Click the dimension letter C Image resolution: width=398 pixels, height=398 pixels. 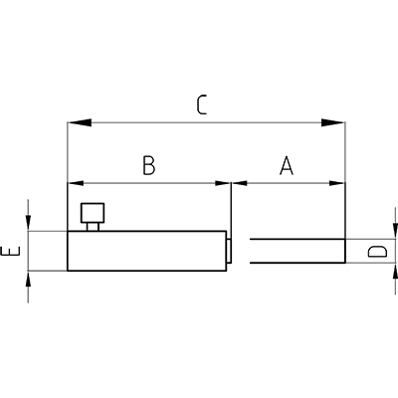(202, 104)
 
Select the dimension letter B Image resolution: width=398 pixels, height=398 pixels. (149, 165)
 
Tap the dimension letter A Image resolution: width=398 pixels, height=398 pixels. (287, 165)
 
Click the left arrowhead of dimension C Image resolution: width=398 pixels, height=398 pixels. (80, 122)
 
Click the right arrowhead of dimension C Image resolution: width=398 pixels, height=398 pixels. (333, 122)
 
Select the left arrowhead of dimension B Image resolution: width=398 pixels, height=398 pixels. (76, 183)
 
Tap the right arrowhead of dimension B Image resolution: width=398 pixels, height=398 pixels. (223, 183)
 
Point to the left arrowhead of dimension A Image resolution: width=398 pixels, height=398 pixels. (240, 183)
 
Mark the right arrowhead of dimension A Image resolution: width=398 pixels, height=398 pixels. (337, 183)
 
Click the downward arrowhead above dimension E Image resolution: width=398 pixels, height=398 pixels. (28, 223)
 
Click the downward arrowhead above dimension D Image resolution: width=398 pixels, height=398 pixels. (395, 231)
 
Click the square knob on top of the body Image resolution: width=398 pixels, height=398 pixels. (93, 213)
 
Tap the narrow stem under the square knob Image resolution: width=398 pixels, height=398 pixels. (93, 227)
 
